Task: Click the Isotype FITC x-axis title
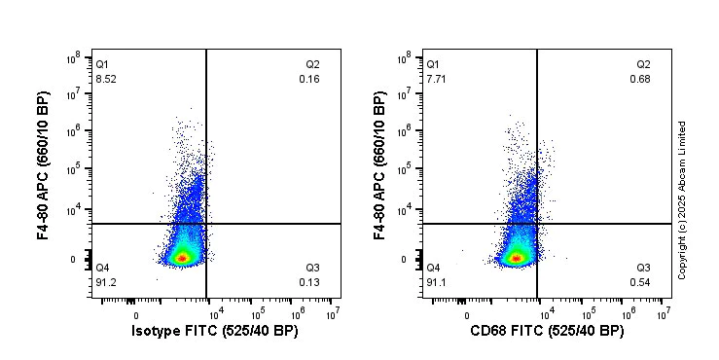(214, 332)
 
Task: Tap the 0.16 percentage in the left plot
(309, 79)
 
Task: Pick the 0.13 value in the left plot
(309, 282)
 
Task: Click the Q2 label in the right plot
(643, 64)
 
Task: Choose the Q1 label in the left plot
(103, 64)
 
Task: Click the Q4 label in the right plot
(434, 268)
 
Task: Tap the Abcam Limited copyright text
(682, 199)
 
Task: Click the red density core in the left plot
(182, 258)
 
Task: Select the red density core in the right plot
(514, 258)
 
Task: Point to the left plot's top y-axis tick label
(72, 59)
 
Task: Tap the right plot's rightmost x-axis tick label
(663, 313)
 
